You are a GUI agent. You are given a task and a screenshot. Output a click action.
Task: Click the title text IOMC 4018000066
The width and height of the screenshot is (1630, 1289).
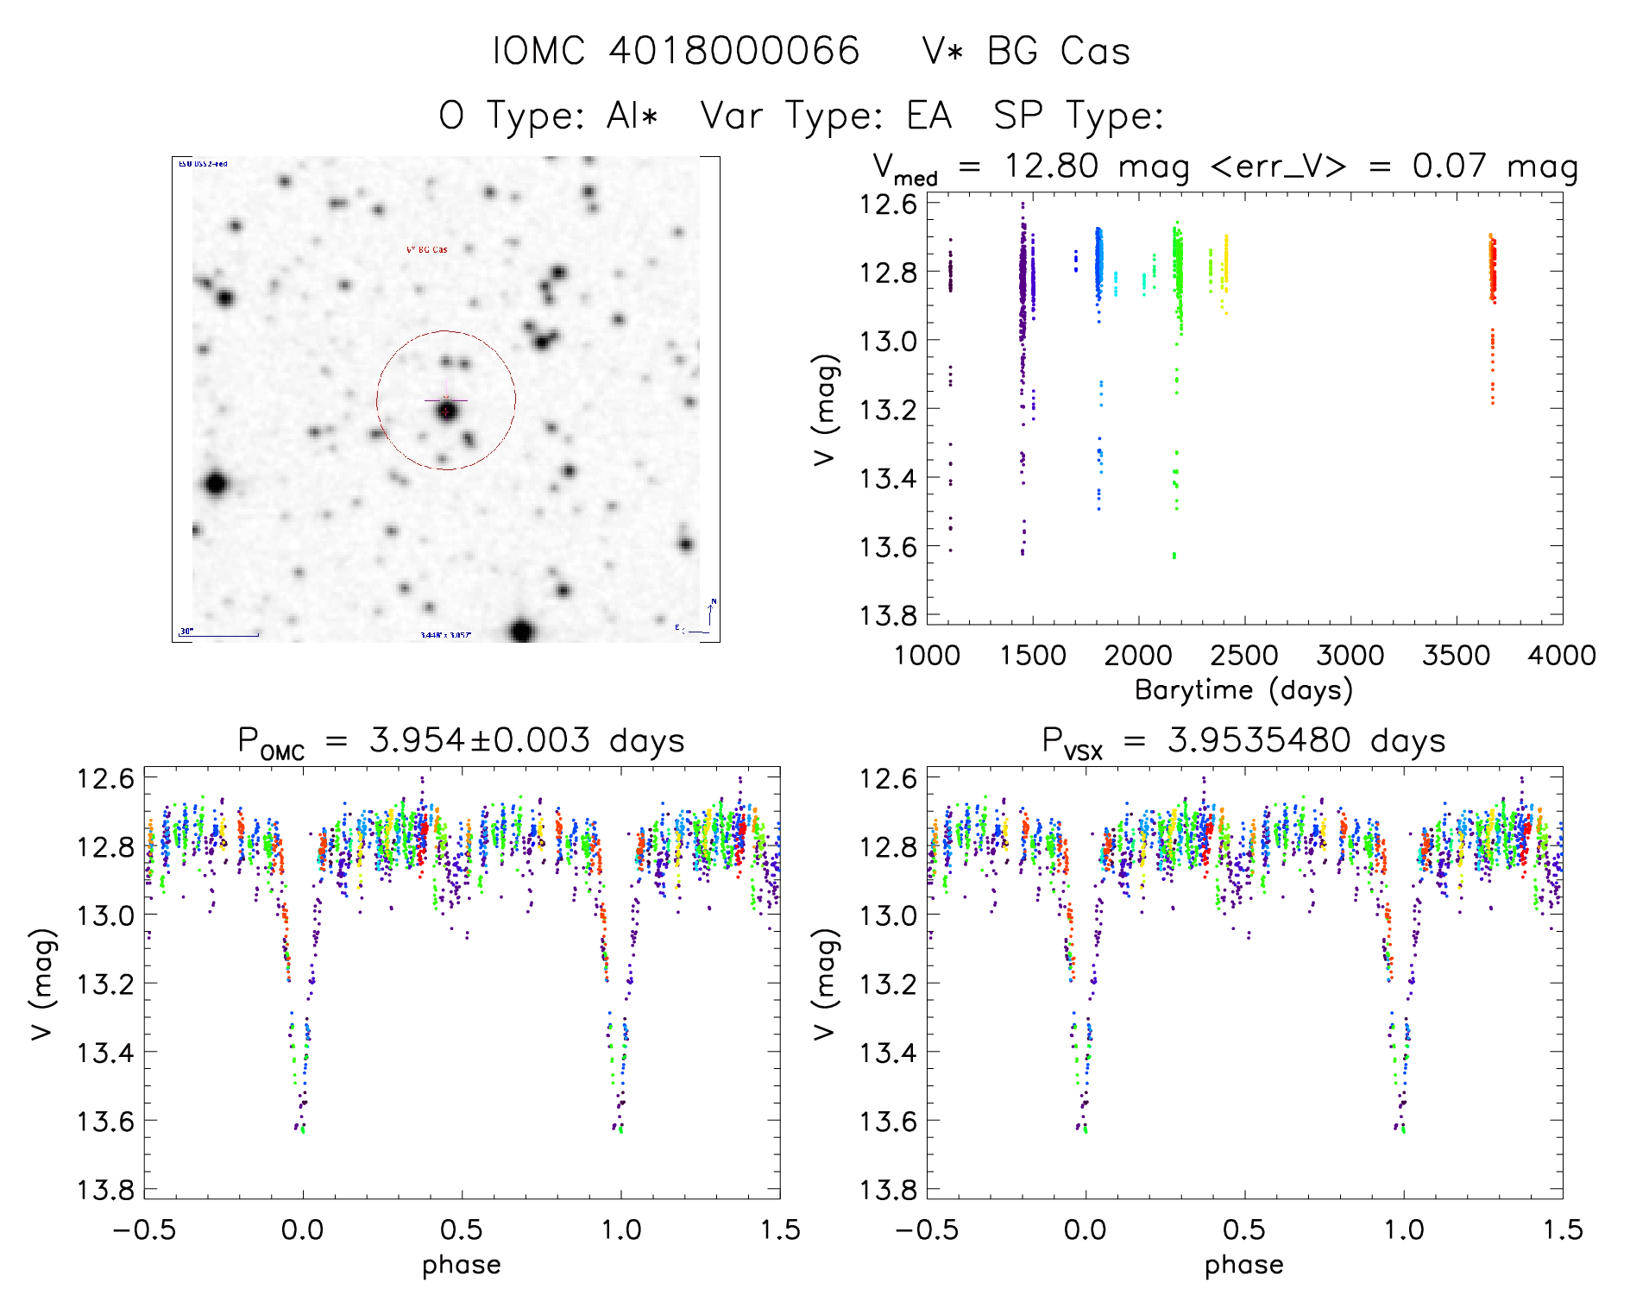tap(676, 51)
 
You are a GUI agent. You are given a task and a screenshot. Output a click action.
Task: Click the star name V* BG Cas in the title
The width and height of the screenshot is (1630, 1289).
tap(1026, 51)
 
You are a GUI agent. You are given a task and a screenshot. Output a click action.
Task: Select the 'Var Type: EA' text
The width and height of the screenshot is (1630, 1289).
tap(826, 116)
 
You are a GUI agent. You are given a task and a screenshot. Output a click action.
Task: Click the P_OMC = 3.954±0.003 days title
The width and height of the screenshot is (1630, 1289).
tap(461, 741)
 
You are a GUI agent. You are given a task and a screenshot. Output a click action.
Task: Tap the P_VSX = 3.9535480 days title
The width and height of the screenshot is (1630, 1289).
tap(1243, 741)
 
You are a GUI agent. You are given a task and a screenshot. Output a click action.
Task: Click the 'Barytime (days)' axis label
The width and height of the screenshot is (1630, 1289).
tap(1243, 689)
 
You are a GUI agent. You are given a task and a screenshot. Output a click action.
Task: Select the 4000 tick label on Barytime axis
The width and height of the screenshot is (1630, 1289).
tap(1562, 656)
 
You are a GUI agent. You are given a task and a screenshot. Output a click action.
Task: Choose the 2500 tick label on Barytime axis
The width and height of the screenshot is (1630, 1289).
tap(1243, 656)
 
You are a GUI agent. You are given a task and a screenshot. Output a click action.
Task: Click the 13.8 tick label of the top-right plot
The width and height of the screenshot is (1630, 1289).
tap(888, 615)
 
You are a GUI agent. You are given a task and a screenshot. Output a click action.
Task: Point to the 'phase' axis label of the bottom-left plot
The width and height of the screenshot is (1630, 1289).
tap(461, 1265)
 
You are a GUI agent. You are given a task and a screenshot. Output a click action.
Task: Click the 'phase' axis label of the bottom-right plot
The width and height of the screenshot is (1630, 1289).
tap(1243, 1265)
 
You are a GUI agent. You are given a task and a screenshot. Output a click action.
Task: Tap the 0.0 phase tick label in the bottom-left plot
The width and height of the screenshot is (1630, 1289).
tap(303, 1230)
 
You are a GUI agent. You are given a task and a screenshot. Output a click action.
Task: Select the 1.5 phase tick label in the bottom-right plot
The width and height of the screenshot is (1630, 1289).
tap(1562, 1230)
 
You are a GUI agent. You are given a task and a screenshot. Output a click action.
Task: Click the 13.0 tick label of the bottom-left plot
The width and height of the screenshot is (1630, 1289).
tap(105, 915)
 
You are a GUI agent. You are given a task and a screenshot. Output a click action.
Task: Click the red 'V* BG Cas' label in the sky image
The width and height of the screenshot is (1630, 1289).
tap(427, 250)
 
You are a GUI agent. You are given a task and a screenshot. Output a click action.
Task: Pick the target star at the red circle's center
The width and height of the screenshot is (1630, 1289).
tap(446, 412)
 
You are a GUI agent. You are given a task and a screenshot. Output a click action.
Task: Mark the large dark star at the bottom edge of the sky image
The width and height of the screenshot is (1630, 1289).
tap(521, 631)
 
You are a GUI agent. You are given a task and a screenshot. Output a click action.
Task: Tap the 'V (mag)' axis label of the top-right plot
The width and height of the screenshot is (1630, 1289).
tap(826, 410)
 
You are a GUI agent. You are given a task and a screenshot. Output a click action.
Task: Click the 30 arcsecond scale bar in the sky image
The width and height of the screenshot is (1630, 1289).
tap(220, 636)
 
